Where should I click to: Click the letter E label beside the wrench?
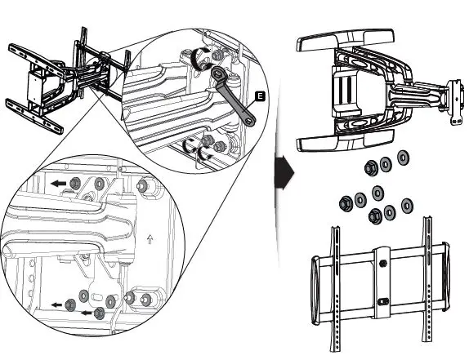[x=259, y=96]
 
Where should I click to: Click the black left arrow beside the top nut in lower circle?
[x=56, y=184]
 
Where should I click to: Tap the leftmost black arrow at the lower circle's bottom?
[x=56, y=305]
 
